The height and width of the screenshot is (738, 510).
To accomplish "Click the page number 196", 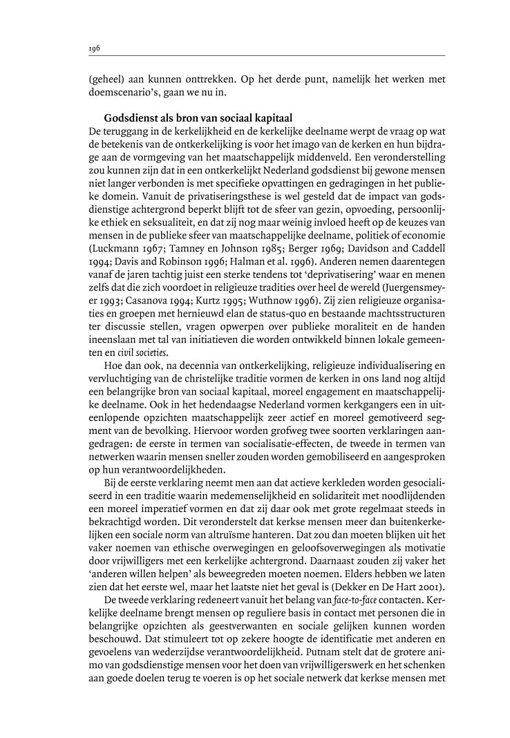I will (95, 49).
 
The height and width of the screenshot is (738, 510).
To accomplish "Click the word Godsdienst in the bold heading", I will (129, 118).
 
